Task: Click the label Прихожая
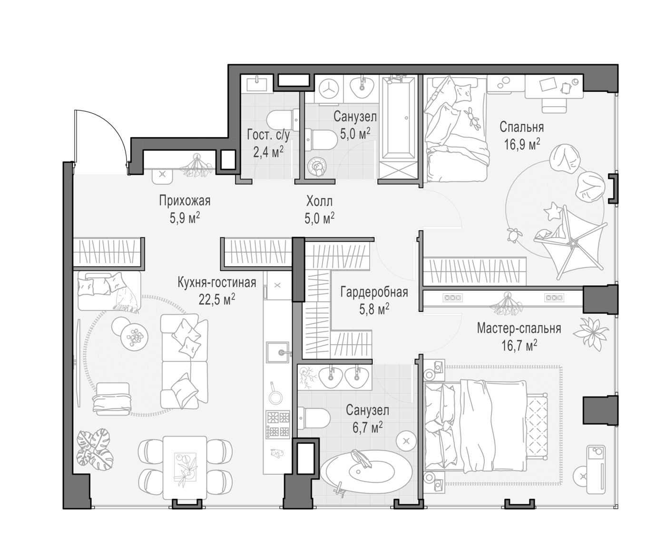click(x=185, y=201)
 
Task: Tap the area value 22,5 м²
click(x=217, y=299)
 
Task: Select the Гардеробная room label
click(x=374, y=292)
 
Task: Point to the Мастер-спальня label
click(x=519, y=328)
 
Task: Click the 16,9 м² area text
click(x=522, y=144)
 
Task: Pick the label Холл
click(x=319, y=201)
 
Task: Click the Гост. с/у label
click(x=268, y=135)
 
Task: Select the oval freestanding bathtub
click(x=366, y=472)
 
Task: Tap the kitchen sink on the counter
click(x=278, y=352)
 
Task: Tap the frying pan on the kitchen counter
click(x=275, y=395)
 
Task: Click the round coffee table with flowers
click(x=134, y=337)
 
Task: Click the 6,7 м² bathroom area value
click(x=367, y=427)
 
